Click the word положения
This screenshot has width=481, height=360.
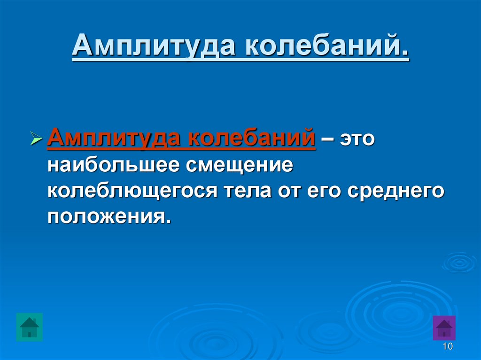[x=107, y=217]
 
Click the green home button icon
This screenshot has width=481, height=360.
[x=29, y=327]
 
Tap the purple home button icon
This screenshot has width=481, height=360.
[x=443, y=327]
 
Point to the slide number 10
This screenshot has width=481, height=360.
[x=447, y=347]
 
